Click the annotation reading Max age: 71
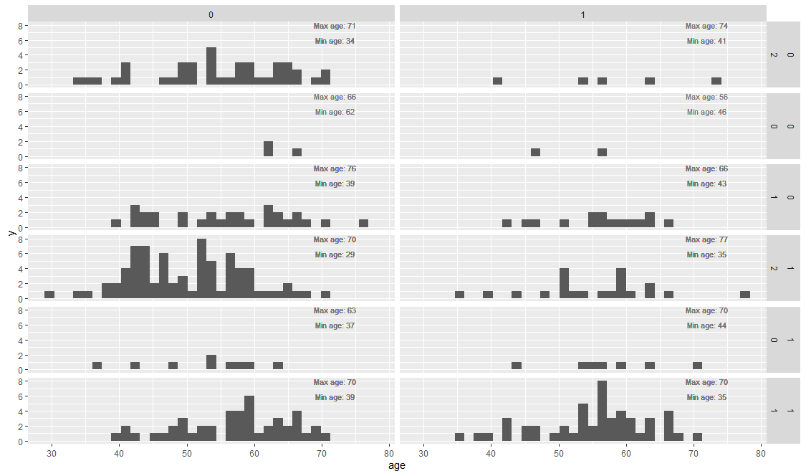(x=335, y=26)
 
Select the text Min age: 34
(x=335, y=41)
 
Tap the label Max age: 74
(x=706, y=26)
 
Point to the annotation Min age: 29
(x=335, y=254)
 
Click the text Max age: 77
(x=706, y=239)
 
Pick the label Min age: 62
(x=335, y=112)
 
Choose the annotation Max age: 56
(x=706, y=97)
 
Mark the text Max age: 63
(x=335, y=310)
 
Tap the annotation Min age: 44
(x=706, y=325)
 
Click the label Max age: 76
(x=335, y=168)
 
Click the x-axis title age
(x=397, y=467)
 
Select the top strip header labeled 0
(x=211, y=14)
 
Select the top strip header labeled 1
(x=582, y=14)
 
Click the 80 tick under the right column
(x=761, y=453)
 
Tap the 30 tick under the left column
(x=52, y=453)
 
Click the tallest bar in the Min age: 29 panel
(x=201, y=269)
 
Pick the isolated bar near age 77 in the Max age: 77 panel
(x=745, y=295)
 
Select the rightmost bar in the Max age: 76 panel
(x=363, y=224)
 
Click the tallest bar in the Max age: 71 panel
(x=211, y=66)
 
